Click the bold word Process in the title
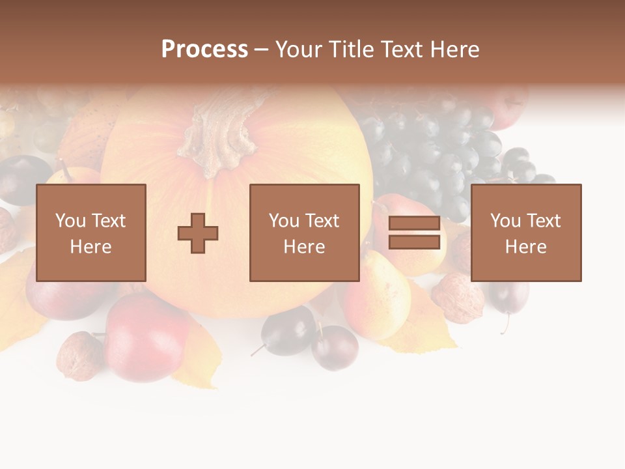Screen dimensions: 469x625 204,50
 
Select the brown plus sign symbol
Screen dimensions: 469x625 198,233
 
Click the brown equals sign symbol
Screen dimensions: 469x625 414,233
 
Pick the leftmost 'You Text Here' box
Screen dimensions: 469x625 91,233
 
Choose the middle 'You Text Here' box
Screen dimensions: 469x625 304,233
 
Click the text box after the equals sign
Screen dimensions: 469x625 526,233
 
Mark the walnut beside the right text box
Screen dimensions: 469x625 458,297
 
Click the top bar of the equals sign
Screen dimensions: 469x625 414,223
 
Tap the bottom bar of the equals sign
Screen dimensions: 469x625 414,242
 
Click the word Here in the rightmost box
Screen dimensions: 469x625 526,247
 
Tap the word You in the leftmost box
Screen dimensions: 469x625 70,221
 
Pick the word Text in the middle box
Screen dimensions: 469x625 322,221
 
